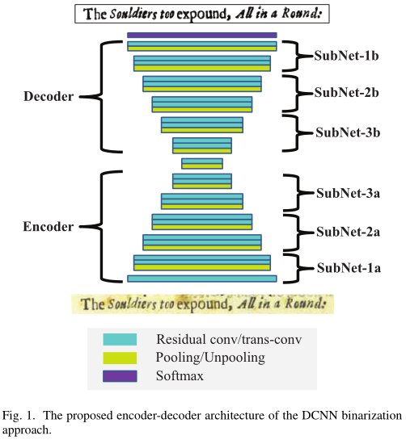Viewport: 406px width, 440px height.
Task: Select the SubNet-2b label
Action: [346, 93]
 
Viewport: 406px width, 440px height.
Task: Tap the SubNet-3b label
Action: [346, 131]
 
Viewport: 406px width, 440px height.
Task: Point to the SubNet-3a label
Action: [346, 194]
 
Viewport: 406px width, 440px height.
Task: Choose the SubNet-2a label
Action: [346, 232]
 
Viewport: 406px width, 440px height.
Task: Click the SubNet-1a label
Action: [346, 268]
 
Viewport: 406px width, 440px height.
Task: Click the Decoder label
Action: [49, 96]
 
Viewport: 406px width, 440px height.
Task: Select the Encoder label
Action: [49, 227]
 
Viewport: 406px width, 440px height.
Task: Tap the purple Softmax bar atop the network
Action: [202, 36]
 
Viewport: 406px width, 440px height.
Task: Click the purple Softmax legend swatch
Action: [120, 375]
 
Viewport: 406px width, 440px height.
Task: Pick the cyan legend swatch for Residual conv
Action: [120, 340]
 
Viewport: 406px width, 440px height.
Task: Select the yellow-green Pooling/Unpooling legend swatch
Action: [120, 358]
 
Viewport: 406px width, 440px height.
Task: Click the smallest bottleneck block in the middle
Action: [202, 163]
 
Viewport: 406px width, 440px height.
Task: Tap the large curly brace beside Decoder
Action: [105, 96]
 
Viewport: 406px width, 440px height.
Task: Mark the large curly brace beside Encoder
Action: [105, 227]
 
